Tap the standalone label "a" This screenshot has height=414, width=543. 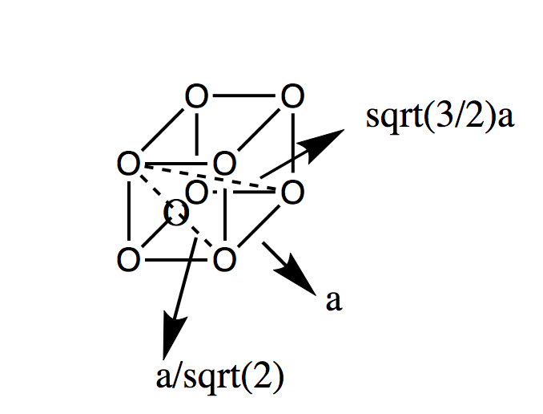click(x=335, y=301)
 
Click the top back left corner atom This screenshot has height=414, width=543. click(x=195, y=97)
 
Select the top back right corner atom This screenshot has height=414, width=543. click(x=292, y=97)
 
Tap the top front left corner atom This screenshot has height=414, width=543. click(x=127, y=164)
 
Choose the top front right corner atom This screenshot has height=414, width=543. click(x=225, y=164)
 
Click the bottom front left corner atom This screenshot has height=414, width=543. click(x=127, y=259)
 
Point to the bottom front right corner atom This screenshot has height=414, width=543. click(x=225, y=259)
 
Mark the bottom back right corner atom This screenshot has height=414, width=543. click(x=292, y=193)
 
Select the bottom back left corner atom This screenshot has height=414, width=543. click(x=197, y=193)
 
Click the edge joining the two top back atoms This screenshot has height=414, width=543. click(x=244, y=97)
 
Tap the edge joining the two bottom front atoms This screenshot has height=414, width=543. click(x=176, y=259)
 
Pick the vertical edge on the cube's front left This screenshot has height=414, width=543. click(x=127, y=212)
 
